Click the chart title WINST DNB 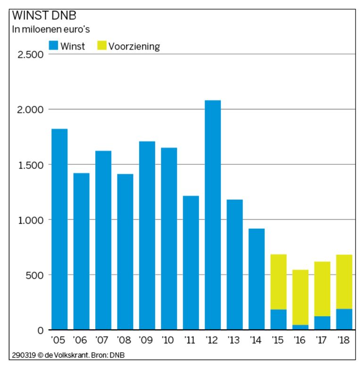[x=44, y=16]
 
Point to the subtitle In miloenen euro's [x=51, y=29]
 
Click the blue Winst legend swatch [x=53, y=45]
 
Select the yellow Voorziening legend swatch [x=102, y=45]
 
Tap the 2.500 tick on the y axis [x=31, y=55]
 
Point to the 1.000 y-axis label [x=31, y=220]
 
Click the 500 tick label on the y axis [x=35, y=275]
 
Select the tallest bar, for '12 [x=213, y=215]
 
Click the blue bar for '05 [x=59, y=229]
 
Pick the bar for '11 [x=191, y=263]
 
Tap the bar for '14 [x=257, y=279]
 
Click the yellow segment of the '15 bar [x=278, y=282]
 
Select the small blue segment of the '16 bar [x=301, y=327]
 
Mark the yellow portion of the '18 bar [x=344, y=282]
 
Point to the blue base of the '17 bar [x=322, y=323]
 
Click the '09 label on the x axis [x=146, y=340]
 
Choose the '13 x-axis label [x=234, y=340]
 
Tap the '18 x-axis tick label [x=343, y=340]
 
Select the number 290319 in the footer [x=24, y=355]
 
